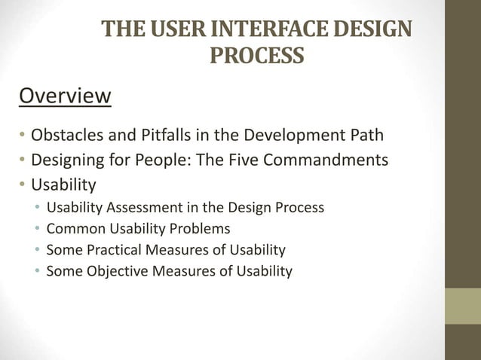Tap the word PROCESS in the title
coord(256,56)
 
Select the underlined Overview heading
coord(65,96)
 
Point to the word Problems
coord(201,228)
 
